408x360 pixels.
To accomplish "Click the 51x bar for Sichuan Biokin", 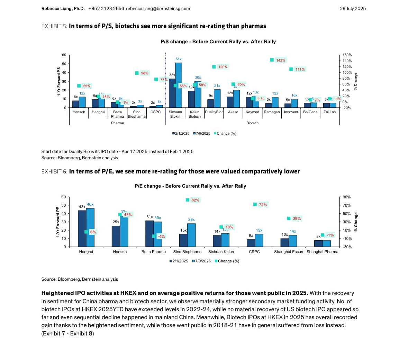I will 179,85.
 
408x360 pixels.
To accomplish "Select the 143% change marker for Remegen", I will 272,60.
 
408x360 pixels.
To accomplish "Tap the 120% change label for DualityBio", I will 223,67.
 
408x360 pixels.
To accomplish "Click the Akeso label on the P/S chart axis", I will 233,112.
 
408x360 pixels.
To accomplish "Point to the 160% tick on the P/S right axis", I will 347,55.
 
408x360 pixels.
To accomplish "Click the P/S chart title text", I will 218,42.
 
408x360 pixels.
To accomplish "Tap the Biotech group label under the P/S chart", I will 252,123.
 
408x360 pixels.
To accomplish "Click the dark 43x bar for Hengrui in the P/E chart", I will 82,228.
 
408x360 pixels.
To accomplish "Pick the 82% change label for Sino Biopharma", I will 195,200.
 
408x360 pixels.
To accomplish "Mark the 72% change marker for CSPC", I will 255,204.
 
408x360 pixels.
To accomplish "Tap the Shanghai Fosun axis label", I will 288,252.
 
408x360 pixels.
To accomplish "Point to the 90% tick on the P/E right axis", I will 347,197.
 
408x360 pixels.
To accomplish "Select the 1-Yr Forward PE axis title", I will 58,222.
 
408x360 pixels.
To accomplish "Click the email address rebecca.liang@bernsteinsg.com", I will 158,9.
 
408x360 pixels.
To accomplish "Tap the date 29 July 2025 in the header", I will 353,9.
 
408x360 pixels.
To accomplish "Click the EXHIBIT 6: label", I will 54,171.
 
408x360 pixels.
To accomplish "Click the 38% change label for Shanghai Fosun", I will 297,218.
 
